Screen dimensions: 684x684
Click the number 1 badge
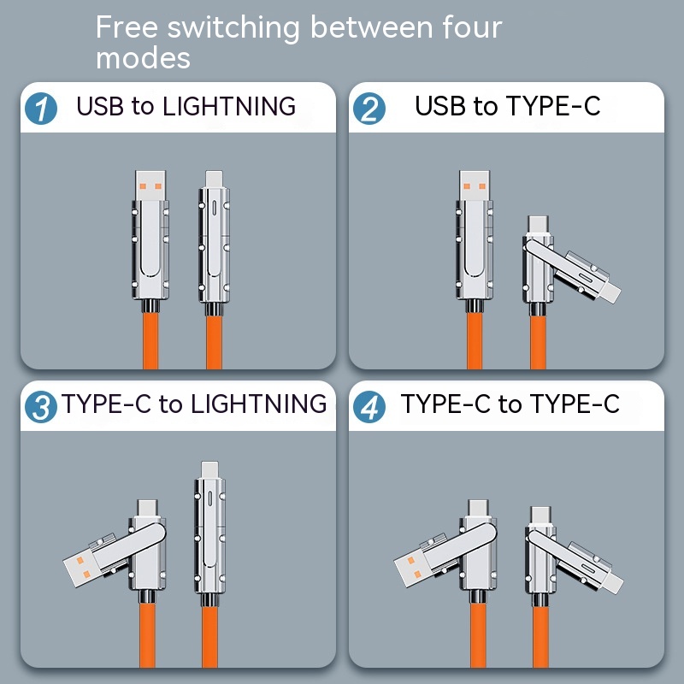coord(41,109)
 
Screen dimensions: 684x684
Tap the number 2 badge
coord(370,109)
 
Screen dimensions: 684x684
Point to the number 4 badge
coord(370,406)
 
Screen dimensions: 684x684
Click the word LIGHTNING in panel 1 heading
coord(228,107)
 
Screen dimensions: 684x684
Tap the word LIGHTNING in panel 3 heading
coord(257,404)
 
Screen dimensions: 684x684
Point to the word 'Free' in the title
coord(127,27)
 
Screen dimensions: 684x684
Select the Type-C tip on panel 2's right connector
coord(539,225)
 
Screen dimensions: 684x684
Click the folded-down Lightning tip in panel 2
coord(610,294)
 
